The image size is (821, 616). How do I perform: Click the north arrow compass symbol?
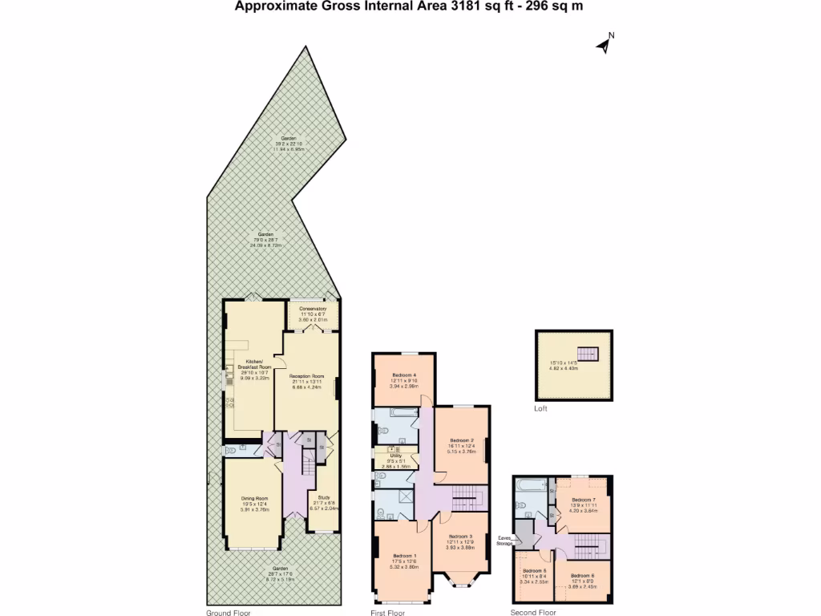[605, 44]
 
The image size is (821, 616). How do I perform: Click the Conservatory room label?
[313, 309]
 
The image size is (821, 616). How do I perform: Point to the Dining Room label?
[254, 498]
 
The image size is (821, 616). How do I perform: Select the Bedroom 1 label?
[405, 556]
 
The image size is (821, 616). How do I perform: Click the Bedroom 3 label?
[460, 537]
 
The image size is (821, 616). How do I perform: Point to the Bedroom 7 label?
[584, 499]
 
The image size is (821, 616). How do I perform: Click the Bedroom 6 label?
[583, 576]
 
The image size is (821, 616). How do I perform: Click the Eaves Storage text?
[504, 541]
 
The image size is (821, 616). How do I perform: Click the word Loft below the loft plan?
[541, 409]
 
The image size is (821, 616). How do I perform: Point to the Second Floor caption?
[533, 612]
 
